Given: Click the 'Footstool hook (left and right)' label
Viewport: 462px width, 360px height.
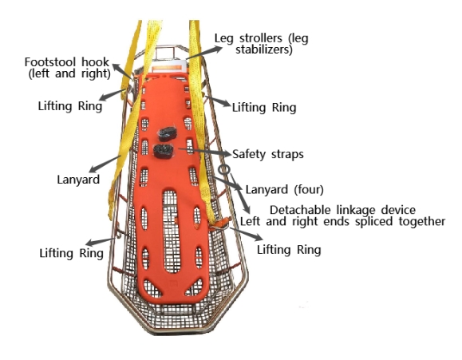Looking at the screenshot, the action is coord(68,68).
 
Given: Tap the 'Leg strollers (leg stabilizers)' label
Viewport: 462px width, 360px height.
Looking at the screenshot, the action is coord(262,44).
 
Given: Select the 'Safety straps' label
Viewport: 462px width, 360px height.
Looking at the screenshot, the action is coord(268,154).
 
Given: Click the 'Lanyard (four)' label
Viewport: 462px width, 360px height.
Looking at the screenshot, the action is coord(285,190).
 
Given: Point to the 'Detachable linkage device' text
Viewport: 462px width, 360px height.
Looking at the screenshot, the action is coord(342,210).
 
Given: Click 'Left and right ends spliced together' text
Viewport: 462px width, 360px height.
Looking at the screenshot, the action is coord(342,221).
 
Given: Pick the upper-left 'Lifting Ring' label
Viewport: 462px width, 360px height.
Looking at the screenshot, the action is coord(70,106).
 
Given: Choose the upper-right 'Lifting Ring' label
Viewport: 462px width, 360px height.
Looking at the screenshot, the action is coord(264,108).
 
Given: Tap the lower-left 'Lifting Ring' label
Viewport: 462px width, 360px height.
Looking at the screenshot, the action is coord(72,253).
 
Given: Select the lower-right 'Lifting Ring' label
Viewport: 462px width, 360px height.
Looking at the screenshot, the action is coord(289,250).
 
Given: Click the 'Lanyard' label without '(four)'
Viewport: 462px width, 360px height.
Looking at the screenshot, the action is coord(78,180).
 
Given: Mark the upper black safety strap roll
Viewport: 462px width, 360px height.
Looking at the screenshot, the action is coord(167,134).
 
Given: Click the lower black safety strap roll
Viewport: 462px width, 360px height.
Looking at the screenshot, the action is coord(164,152).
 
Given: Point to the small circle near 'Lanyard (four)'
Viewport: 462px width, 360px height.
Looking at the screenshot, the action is coord(224,169).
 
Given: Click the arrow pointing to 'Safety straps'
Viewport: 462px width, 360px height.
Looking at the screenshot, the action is coord(205,151).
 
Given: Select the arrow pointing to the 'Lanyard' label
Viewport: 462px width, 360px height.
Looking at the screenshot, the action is coord(105,164).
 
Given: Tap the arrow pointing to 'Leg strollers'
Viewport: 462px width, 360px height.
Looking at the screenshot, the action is coord(204,53).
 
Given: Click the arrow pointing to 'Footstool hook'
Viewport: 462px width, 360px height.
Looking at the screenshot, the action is coord(123,71).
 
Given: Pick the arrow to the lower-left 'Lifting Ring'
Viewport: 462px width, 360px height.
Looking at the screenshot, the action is coord(101,242).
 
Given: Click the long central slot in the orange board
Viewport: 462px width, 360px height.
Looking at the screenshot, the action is coord(172,231).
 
